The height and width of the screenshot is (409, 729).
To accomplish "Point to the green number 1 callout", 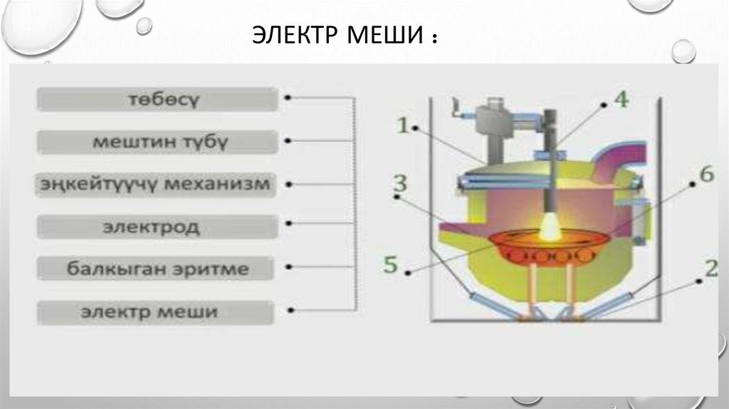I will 402,126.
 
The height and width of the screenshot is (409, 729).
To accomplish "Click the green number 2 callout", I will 710,269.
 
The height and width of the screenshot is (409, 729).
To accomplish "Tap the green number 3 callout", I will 401,183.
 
